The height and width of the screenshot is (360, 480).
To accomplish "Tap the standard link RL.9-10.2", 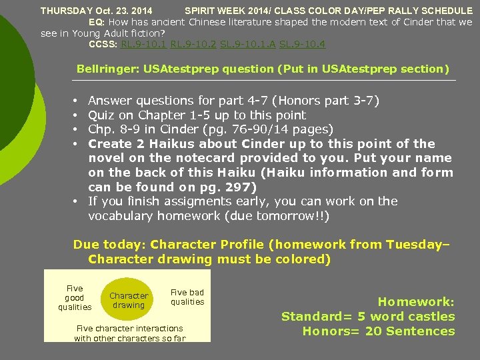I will coord(194,45).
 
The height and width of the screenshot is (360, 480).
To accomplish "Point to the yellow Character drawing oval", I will coord(129,301).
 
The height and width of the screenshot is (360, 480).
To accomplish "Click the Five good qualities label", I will coord(75,298).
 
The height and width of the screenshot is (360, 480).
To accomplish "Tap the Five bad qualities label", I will coord(187,297).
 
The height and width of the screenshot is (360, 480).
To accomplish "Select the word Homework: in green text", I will coord(416,302).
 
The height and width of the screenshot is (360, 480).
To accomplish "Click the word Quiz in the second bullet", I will coord(101,115).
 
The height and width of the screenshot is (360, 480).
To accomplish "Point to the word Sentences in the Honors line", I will coord(422,331).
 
